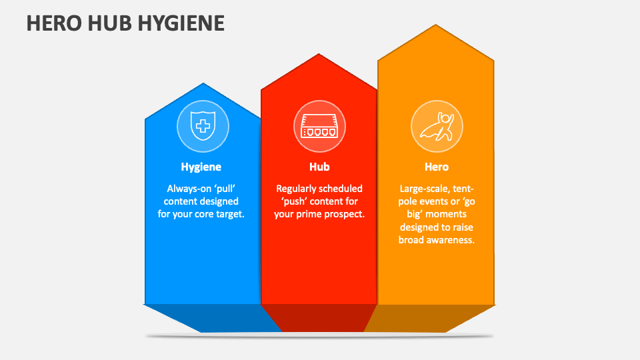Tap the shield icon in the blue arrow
pyautogui.click(x=203, y=126)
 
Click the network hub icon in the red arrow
pyautogui.click(x=319, y=126)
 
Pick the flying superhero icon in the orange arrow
pyautogui.click(x=437, y=126)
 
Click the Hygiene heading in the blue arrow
pyautogui.click(x=201, y=167)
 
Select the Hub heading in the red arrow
pyautogui.click(x=319, y=167)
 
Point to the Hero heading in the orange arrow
pyautogui.click(x=437, y=167)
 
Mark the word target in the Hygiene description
pyautogui.click(x=230, y=214)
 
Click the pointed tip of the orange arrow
pyautogui.click(x=436, y=27)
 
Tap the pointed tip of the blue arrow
pyautogui.click(x=203, y=85)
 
